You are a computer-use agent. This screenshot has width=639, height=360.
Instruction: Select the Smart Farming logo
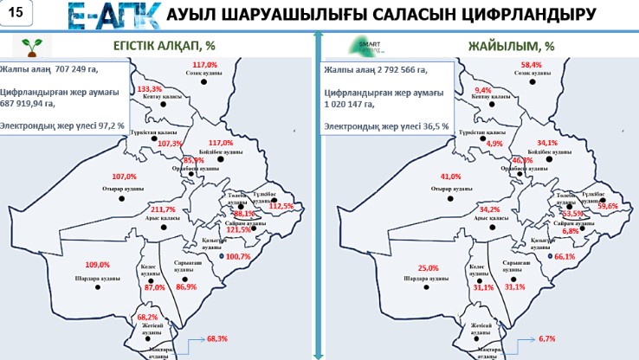pyautogui.click(x=364, y=46)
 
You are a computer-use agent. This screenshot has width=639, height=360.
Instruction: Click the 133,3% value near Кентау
pyautogui.click(x=150, y=89)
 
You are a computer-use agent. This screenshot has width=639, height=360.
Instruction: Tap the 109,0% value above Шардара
pyautogui.click(x=97, y=264)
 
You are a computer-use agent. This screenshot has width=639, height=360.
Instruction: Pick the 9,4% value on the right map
pyautogui.click(x=483, y=90)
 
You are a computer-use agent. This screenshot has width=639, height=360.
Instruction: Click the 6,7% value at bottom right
pyautogui.click(x=546, y=338)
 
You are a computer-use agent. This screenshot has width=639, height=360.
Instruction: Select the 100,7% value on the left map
pyautogui.click(x=238, y=256)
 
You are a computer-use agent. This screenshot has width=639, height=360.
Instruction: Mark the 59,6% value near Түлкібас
pyautogui.click(x=608, y=206)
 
